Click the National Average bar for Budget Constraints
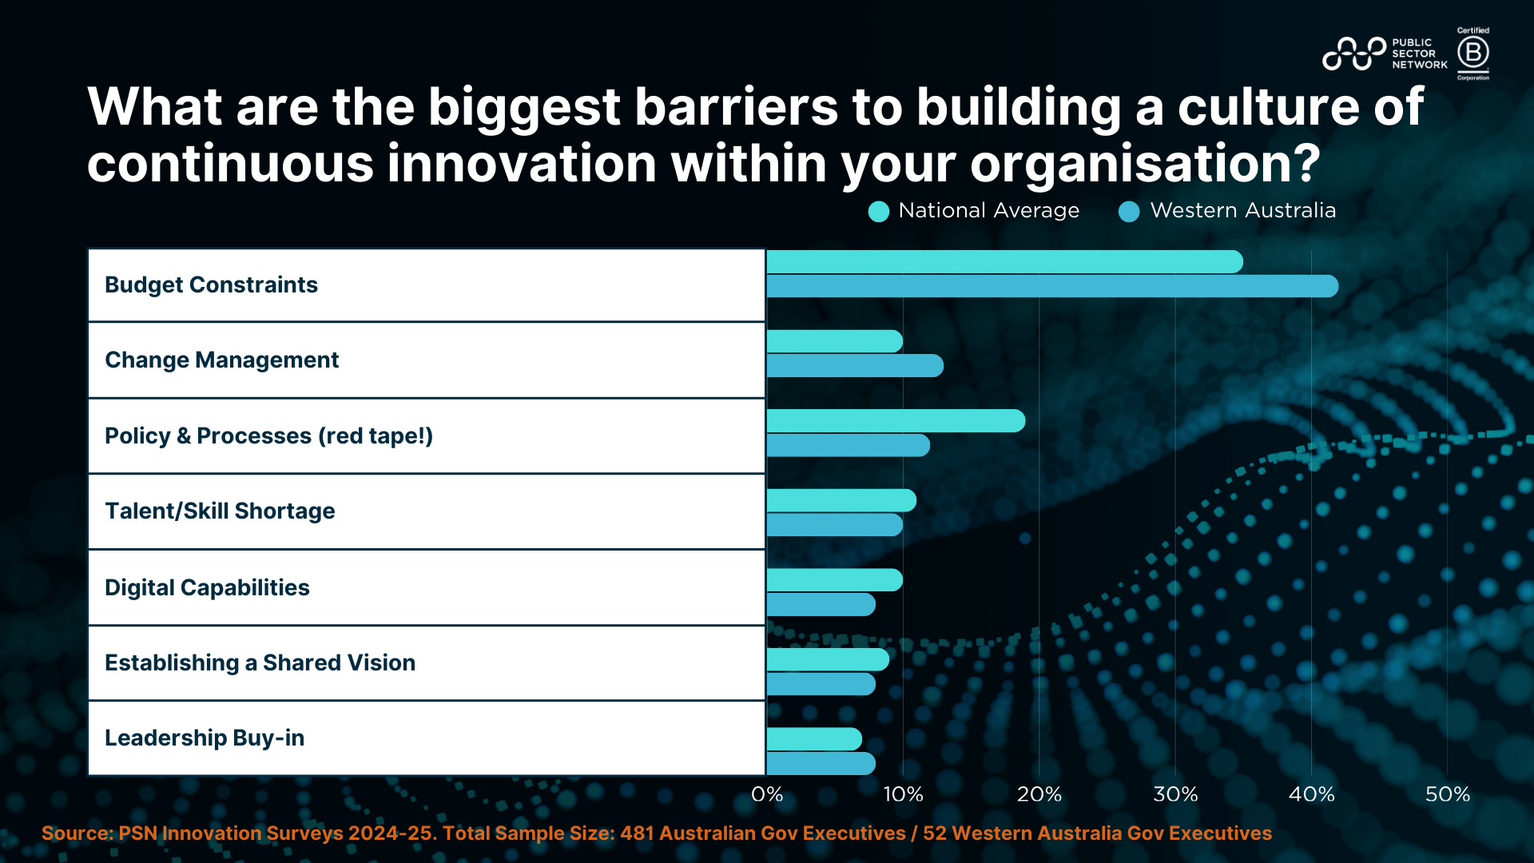[x=1004, y=262]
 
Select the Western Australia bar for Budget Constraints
[x=1052, y=286]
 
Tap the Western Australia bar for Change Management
[x=855, y=366]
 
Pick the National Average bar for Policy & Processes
[x=896, y=421]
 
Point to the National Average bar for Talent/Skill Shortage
[x=841, y=501]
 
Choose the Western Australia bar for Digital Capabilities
[x=821, y=605]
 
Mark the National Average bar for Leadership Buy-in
[x=814, y=739]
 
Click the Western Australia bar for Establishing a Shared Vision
[x=821, y=684]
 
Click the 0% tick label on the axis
[x=767, y=794]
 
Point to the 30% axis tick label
[x=1175, y=794]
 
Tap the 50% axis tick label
[x=1448, y=794]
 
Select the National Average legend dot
[x=879, y=212]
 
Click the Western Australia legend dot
[x=1129, y=212]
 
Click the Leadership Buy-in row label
[x=205, y=738]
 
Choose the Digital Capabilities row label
[x=207, y=587]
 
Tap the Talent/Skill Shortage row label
[x=220, y=511]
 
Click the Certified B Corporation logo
[x=1472, y=54]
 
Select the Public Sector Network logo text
[x=1419, y=54]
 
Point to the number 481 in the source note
[x=636, y=833]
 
